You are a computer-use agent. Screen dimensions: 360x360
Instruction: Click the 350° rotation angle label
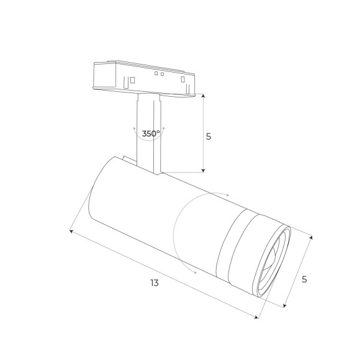(x=151, y=133)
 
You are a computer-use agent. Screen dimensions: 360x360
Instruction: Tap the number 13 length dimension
(x=155, y=283)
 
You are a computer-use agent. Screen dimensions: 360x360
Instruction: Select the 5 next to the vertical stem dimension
(x=209, y=136)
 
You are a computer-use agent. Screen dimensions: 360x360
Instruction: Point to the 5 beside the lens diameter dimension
(x=304, y=279)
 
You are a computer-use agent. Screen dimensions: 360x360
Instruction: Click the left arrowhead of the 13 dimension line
(x=71, y=232)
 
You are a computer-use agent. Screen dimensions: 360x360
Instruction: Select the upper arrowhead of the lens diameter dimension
(x=310, y=236)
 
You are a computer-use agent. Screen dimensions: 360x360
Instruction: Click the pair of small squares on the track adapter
(x=158, y=74)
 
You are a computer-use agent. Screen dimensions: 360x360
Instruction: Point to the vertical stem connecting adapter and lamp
(x=150, y=133)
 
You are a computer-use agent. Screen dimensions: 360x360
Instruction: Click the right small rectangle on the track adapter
(x=182, y=79)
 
